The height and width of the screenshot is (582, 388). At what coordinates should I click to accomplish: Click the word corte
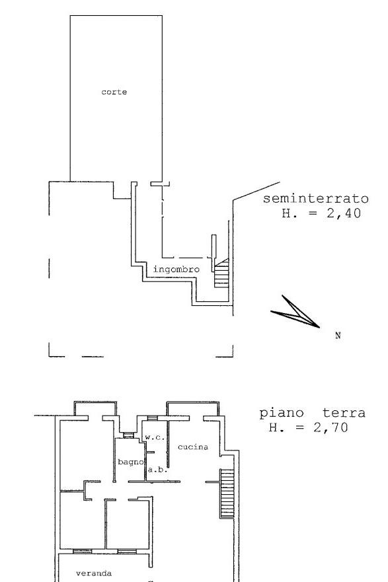pyautogui.click(x=114, y=92)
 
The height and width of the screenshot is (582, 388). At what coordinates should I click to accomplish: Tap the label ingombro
pyautogui.click(x=176, y=270)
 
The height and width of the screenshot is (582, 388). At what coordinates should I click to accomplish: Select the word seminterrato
pyautogui.click(x=315, y=199)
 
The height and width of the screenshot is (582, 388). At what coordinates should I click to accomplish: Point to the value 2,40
pyautogui.click(x=344, y=213)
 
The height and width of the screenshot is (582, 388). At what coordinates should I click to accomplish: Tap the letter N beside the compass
pyautogui.click(x=338, y=336)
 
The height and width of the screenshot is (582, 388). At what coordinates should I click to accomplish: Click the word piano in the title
pyautogui.click(x=282, y=414)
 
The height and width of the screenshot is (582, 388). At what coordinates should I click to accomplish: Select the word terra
pyautogui.click(x=344, y=413)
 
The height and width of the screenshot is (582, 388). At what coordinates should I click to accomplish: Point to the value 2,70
pyautogui.click(x=330, y=427)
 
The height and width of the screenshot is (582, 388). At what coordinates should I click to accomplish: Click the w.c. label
pyautogui.click(x=155, y=437)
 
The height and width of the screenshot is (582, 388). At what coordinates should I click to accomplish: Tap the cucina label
pyautogui.click(x=193, y=447)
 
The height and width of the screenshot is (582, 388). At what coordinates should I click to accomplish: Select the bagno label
pyautogui.click(x=131, y=462)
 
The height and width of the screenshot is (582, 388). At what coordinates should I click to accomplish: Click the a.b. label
pyautogui.click(x=158, y=470)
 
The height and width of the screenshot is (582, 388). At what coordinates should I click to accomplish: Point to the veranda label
pyautogui.click(x=94, y=573)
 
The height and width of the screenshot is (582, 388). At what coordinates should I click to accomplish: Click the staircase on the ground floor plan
pyautogui.click(x=227, y=493)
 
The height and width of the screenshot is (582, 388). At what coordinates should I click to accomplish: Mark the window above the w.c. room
pyautogui.click(x=152, y=418)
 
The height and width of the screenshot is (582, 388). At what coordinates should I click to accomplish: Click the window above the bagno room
pyautogui.click(x=128, y=435)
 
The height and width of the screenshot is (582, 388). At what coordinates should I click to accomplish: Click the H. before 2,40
pyautogui.click(x=290, y=213)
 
